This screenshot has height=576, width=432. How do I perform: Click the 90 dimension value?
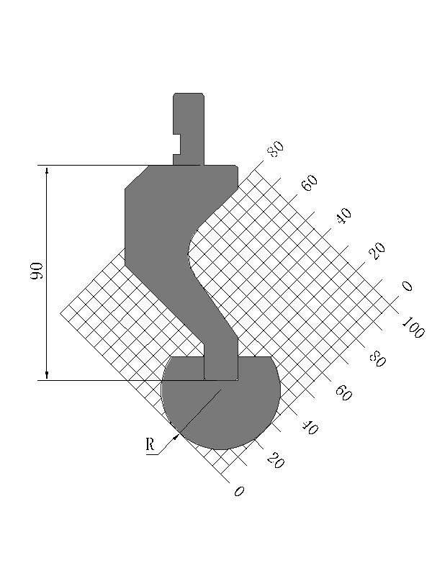coord(37,271)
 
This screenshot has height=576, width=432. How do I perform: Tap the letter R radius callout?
coord(150,444)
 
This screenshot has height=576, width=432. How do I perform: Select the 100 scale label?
coord(413,328)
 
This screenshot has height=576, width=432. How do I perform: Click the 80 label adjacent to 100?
coord(377,359)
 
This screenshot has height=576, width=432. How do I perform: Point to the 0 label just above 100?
coord(407,286)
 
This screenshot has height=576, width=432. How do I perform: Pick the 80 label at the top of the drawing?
coord(276,149)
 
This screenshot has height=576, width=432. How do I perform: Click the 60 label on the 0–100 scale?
coord(343,392)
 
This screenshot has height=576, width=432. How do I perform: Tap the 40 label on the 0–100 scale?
coord(310,428)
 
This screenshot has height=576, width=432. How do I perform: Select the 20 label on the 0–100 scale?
coord(276,461)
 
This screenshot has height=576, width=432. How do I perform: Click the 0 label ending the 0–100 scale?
coord(239,491)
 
